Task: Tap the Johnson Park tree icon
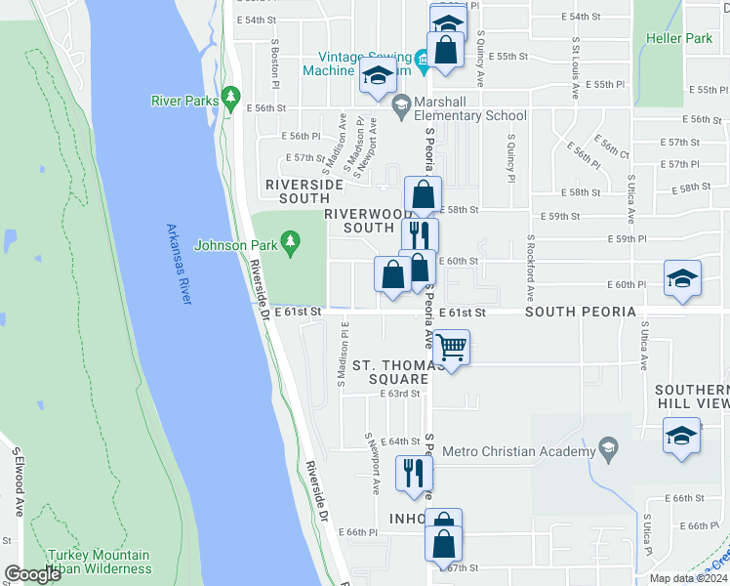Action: point(290,239)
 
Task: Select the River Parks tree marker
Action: point(230,96)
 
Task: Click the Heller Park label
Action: point(678,38)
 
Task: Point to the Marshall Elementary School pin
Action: point(400,103)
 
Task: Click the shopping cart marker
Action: point(452,348)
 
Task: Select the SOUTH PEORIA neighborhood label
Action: point(581,312)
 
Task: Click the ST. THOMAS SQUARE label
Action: point(390,372)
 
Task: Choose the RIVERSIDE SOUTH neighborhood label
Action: point(304,190)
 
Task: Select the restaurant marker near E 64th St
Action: point(414,472)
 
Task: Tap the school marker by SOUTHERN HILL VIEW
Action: point(680,436)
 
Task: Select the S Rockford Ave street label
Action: point(531,267)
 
